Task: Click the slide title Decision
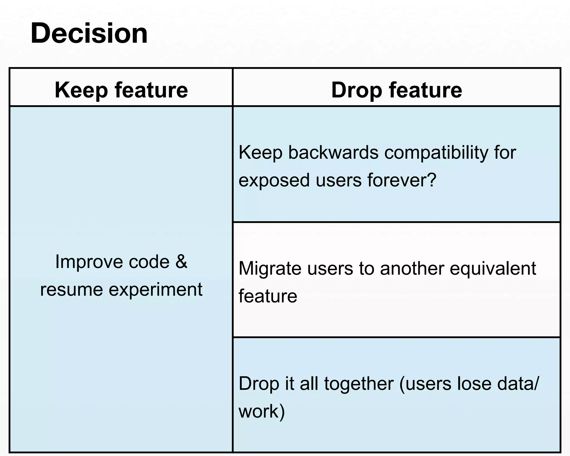click(89, 33)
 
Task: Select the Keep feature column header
click(121, 90)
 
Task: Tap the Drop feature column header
click(397, 90)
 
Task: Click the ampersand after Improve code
click(181, 262)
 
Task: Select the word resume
click(72, 290)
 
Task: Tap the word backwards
click(333, 153)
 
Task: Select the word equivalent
click(493, 269)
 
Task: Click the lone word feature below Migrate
click(268, 296)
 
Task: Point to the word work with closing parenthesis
click(262, 411)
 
